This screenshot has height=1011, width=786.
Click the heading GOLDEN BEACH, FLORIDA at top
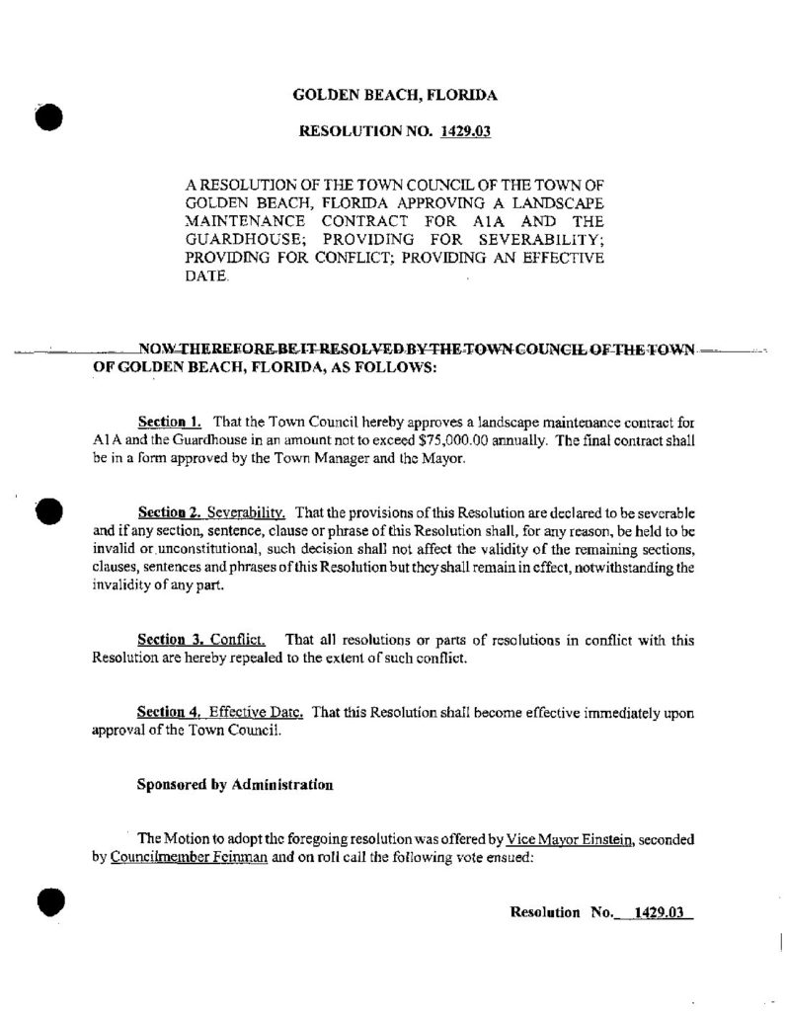[x=395, y=96]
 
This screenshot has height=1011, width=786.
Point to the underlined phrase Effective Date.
[x=250, y=713]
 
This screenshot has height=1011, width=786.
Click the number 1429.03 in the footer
[x=660, y=912]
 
